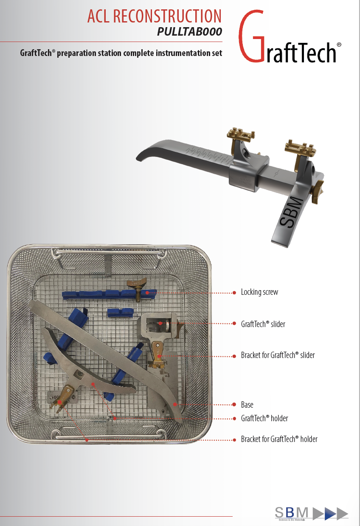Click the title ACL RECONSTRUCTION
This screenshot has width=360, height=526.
(154, 16)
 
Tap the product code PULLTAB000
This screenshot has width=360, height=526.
(189, 32)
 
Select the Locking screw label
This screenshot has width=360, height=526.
(259, 292)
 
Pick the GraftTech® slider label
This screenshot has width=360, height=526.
(263, 324)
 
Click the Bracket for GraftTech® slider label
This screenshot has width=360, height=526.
(278, 355)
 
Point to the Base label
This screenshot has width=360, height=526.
(247, 405)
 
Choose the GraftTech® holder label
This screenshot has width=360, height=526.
(264, 419)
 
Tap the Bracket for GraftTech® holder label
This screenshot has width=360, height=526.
(279, 439)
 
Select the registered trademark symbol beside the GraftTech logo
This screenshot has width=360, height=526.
(339, 45)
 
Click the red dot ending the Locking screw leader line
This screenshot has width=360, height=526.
(234, 293)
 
